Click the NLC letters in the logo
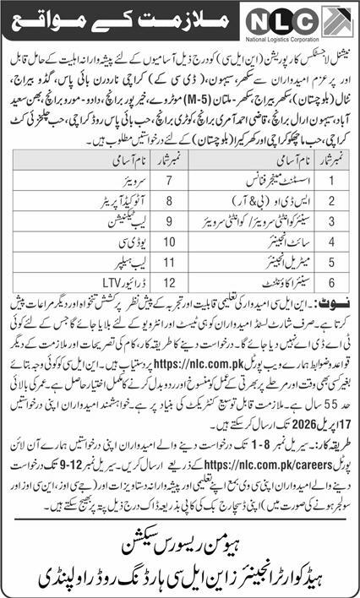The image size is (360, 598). click(315, 20)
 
